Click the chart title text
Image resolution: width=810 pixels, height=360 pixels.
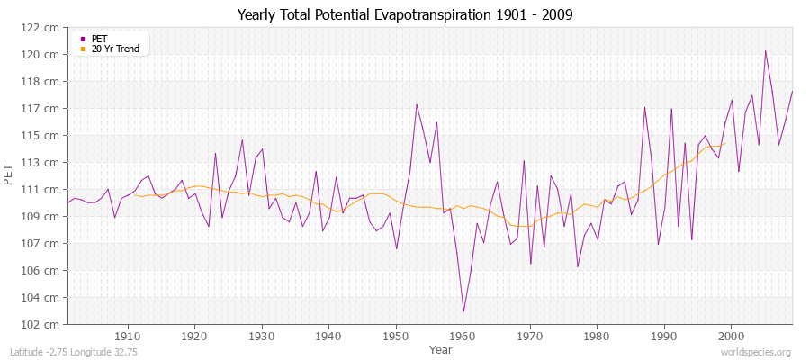click(404, 15)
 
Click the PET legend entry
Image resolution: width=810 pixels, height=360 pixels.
click(99, 39)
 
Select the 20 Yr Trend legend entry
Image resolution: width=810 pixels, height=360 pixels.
click(115, 49)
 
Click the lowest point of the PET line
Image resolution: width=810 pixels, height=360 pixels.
click(463, 311)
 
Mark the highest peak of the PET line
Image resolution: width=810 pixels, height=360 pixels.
click(766, 50)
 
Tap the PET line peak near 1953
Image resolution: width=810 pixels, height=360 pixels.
click(417, 104)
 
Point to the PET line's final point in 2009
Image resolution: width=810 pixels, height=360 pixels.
click(792, 91)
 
